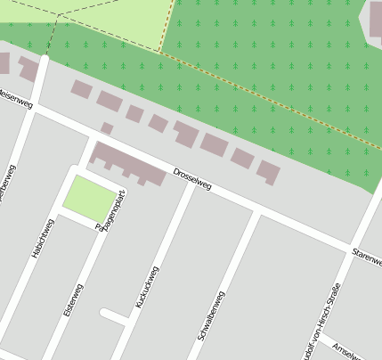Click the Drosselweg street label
pyautogui.click(x=192, y=178)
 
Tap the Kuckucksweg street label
pyautogui.click(x=147, y=288)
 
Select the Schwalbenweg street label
pyautogui.click(x=211, y=315)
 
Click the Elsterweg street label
pyautogui.click(x=72, y=302)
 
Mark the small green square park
pyautogui.click(x=89, y=197)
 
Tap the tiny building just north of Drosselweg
pyautogui.click(x=107, y=128)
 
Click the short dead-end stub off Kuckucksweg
pyautogui.click(x=114, y=315)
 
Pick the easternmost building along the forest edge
pyautogui.click(x=268, y=170)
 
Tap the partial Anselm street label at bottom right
pyautogui.click(x=347, y=349)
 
